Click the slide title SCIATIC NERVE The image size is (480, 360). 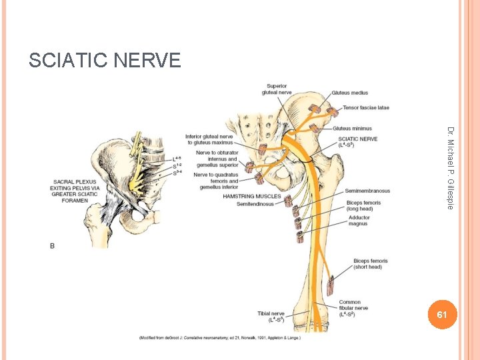coord(105,61)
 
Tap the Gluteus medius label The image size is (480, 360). coord(349,93)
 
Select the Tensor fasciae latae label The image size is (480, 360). coord(366,107)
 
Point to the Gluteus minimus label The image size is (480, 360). coord(353,128)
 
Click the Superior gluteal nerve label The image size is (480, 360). coord(276,89)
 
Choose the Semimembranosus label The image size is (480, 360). coord(367,191)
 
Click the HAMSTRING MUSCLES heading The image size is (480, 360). coord(252,197)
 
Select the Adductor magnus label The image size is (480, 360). coord(359,221)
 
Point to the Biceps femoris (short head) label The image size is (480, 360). coord(367,264)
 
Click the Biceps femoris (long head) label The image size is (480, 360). coord(363,205)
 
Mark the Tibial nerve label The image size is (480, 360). coord(271,316)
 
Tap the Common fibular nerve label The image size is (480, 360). coord(353,308)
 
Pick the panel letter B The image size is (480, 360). coord(53,246)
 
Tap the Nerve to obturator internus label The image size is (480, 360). coord(216,159)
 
